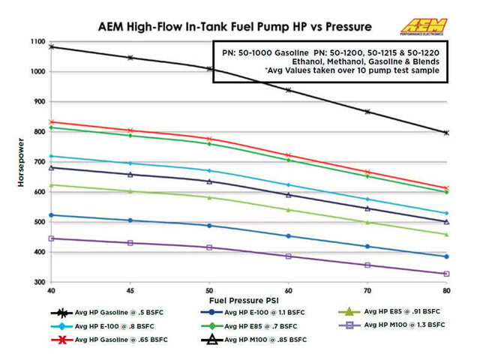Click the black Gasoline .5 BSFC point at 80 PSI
pos(447,133)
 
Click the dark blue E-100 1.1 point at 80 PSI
pos(447,256)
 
